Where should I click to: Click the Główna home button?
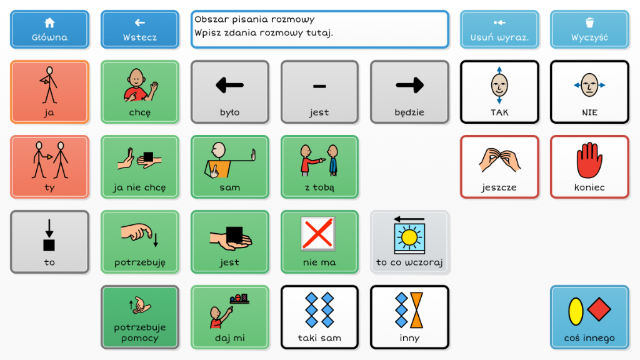[49, 29]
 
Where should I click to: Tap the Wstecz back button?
[139, 29]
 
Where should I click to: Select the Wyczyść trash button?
[589, 29]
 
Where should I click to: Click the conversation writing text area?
[319, 29]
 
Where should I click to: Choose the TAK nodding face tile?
[499, 92]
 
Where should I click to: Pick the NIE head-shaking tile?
[589, 92]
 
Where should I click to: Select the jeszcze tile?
[499, 167]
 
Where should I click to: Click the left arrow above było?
[229, 86]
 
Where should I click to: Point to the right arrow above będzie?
[409, 86]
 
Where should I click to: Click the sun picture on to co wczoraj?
[409, 237]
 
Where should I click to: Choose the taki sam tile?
[319, 317]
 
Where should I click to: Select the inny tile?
[409, 317]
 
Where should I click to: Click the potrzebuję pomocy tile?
[139, 317]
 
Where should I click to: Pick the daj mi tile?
[229, 317]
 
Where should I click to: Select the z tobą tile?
[319, 167]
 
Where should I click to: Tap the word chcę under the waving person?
[139, 112]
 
